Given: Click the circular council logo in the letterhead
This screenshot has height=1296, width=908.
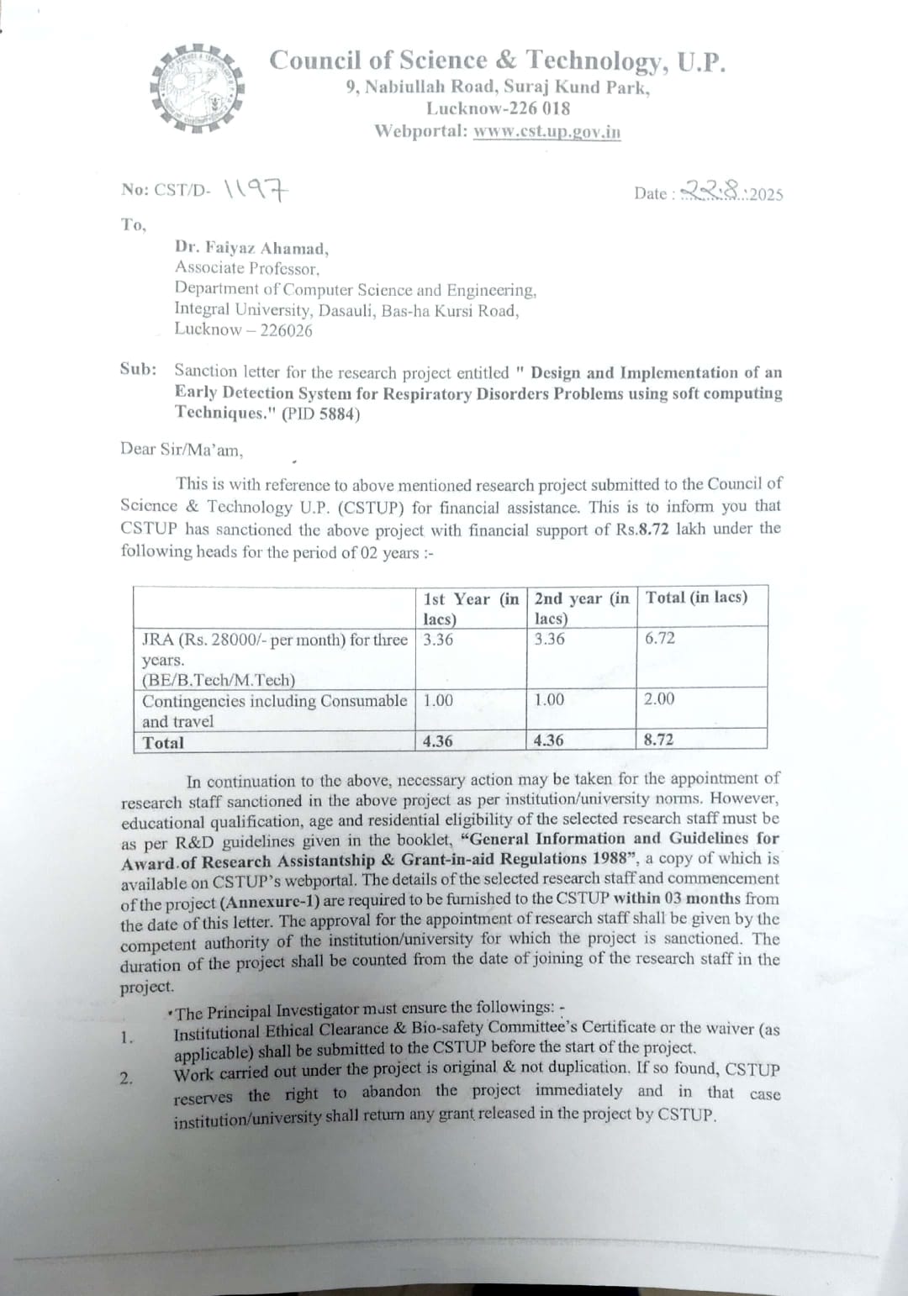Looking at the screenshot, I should coord(197,88).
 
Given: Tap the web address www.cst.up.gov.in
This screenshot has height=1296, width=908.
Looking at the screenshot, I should coord(546,131).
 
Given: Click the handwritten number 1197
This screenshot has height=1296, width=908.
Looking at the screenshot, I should coord(257,190).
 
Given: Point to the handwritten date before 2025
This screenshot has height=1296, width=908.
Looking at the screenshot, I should coord(713,192).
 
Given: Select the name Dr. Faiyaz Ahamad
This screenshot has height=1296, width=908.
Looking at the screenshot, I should coord(251,248).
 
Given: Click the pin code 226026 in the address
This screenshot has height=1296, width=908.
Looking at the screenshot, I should coord(286,330).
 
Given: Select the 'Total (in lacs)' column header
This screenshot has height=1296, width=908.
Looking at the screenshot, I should coord(696,598).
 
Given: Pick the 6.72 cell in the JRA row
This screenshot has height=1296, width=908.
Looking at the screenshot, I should coord(660,638).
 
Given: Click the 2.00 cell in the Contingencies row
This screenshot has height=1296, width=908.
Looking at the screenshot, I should coord(659,699).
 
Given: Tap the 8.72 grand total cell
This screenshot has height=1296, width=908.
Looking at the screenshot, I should coord(658,740).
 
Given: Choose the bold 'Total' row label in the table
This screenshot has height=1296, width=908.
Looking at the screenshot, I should coord(163,742).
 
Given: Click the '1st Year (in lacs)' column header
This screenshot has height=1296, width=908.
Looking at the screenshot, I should coord(471,608).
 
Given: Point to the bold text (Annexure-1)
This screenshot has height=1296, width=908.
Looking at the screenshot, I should coord(270,900).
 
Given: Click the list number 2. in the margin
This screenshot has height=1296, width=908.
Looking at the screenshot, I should coord(125,1078).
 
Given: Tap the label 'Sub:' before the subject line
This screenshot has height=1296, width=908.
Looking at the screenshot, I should coord(138,370).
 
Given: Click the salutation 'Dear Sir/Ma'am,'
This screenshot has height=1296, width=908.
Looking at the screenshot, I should coord(182,449).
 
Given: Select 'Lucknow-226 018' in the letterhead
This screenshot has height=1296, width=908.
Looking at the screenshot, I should coord(498,108).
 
